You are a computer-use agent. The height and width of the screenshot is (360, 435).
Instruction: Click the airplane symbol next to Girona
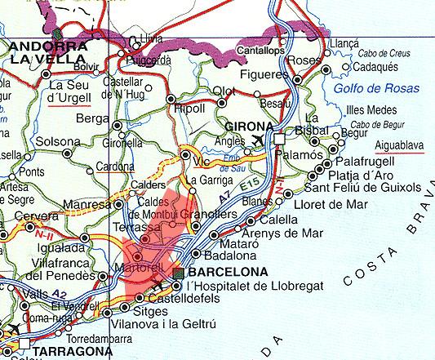click(x=259, y=140)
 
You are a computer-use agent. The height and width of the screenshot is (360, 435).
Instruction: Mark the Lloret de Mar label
click(x=336, y=199)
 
